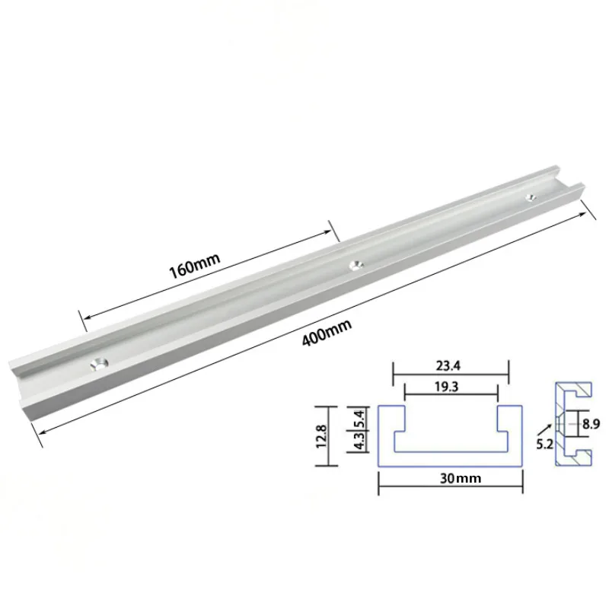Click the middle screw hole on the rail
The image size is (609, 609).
tap(354, 265)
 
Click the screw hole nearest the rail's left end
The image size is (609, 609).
tap(97, 363)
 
